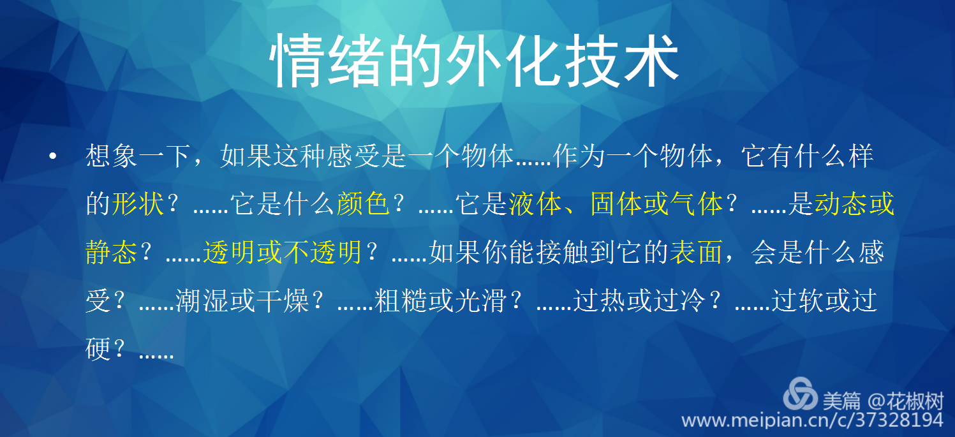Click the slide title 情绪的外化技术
[x=474, y=60]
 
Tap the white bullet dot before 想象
[x=52, y=156]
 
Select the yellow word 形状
[x=138, y=204]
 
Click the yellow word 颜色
[x=363, y=204]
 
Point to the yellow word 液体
[x=535, y=204]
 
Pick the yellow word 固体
[x=617, y=204]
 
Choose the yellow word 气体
[x=697, y=204]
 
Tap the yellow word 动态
[x=841, y=204]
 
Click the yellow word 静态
[x=112, y=252]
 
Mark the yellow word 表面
[x=696, y=252]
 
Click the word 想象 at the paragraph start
[x=112, y=156]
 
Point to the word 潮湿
[x=202, y=300]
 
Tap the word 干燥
[x=282, y=300]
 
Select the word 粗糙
[x=401, y=300]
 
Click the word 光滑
[x=480, y=300]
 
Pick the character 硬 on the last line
[x=98, y=349]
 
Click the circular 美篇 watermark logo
[x=800, y=394]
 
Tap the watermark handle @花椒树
[x=905, y=401]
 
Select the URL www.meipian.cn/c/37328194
[x=813, y=420]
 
